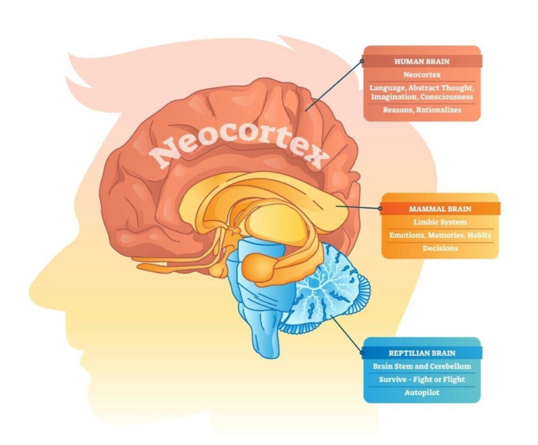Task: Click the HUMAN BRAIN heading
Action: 422,61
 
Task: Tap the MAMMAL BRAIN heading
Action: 440,209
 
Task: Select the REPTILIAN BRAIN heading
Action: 422,353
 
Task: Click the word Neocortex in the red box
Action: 422,75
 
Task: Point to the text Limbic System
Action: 440,222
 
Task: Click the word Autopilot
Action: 422,392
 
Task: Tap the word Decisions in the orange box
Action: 440,248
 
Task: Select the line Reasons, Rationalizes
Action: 422,110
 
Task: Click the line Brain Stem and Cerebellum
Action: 422,366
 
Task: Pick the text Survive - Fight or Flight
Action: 422,379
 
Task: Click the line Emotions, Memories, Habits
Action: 440,235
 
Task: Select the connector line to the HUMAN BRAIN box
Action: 334,84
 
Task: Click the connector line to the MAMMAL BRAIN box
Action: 357,207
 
